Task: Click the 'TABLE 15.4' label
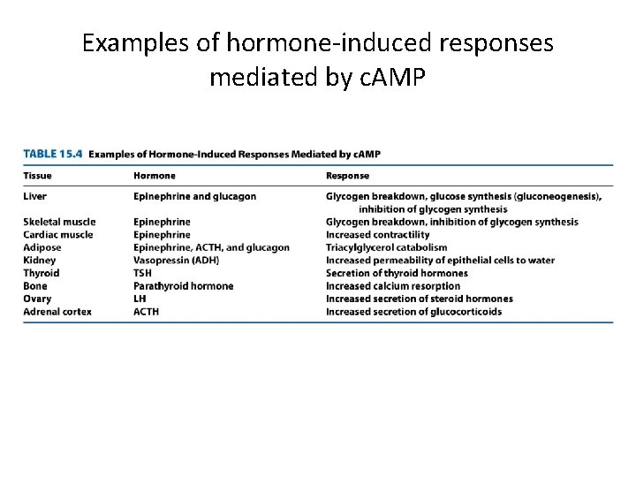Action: coord(52,154)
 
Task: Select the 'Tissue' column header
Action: coord(37,176)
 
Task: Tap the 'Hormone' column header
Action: coord(155,176)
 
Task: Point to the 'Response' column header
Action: coord(348,176)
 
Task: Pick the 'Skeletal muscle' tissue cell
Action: coord(59,222)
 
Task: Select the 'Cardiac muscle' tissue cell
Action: coord(58,235)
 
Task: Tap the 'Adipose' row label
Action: coord(42,247)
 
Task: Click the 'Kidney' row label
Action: coord(40,261)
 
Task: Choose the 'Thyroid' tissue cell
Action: coord(42,273)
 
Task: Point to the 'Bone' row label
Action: coord(35,286)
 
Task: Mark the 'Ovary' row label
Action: coord(37,299)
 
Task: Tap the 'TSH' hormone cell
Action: coord(143,273)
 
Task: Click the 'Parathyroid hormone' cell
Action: coord(184,286)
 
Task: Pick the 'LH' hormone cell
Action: coord(140,299)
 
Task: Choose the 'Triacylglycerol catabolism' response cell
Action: coord(387,247)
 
